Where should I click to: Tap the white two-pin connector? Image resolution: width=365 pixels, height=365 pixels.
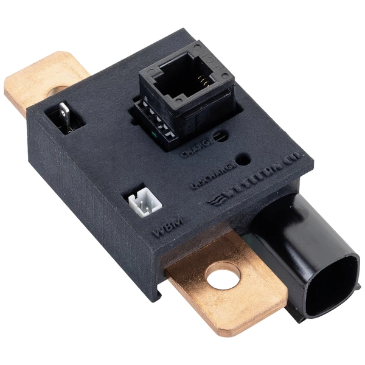(141, 204)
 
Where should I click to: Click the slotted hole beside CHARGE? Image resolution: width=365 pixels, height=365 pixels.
(221, 136)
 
